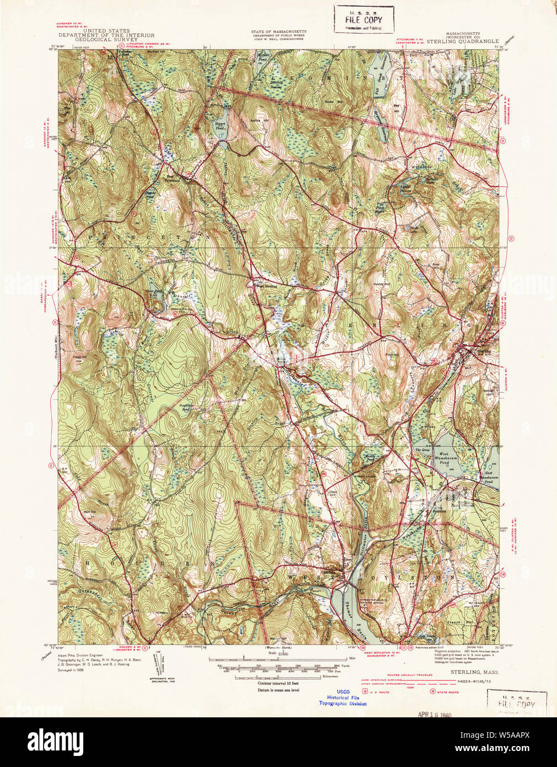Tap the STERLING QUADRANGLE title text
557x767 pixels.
[x=462, y=41]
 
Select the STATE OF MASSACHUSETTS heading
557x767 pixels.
[x=278, y=32]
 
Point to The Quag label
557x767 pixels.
[x=422, y=451]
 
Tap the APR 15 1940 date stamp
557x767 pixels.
[x=435, y=715]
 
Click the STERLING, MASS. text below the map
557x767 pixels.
[x=468, y=672]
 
